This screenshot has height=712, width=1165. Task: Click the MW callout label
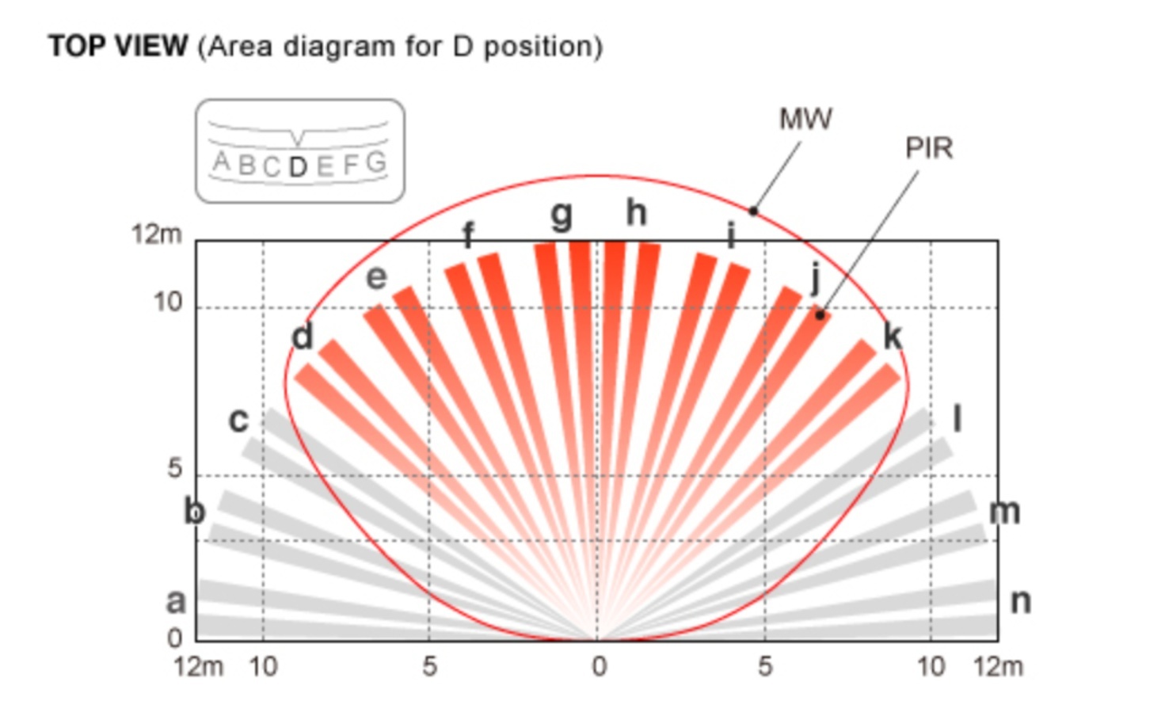pyautogui.click(x=805, y=119)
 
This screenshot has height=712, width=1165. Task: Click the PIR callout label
pyautogui.click(x=930, y=148)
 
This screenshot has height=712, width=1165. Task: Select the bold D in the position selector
pyautogui.click(x=298, y=167)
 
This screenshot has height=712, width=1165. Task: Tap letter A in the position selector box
pyautogui.click(x=222, y=162)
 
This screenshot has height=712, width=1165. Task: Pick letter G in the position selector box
pyautogui.click(x=377, y=162)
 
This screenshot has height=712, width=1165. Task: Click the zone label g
pyautogui.click(x=562, y=216)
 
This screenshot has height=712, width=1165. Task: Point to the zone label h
pyautogui.click(x=637, y=212)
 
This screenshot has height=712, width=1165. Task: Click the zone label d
pyautogui.click(x=303, y=336)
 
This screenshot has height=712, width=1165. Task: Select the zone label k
pyautogui.click(x=893, y=336)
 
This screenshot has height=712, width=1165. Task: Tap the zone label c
pyautogui.click(x=238, y=420)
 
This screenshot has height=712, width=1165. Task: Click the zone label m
pyautogui.click(x=1004, y=512)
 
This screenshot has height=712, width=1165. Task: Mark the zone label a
pyautogui.click(x=176, y=602)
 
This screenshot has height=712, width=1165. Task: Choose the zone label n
pyautogui.click(x=1020, y=602)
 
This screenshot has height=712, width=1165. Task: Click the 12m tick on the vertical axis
pyautogui.click(x=157, y=234)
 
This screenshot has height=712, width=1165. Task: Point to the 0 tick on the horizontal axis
pyautogui.click(x=600, y=667)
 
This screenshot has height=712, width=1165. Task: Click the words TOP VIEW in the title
pyautogui.click(x=118, y=46)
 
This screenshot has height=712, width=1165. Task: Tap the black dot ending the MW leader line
pyautogui.click(x=753, y=211)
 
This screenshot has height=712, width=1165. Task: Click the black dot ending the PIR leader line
pyautogui.click(x=820, y=315)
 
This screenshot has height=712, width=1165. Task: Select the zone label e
pyautogui.click(x=376, y=278)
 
